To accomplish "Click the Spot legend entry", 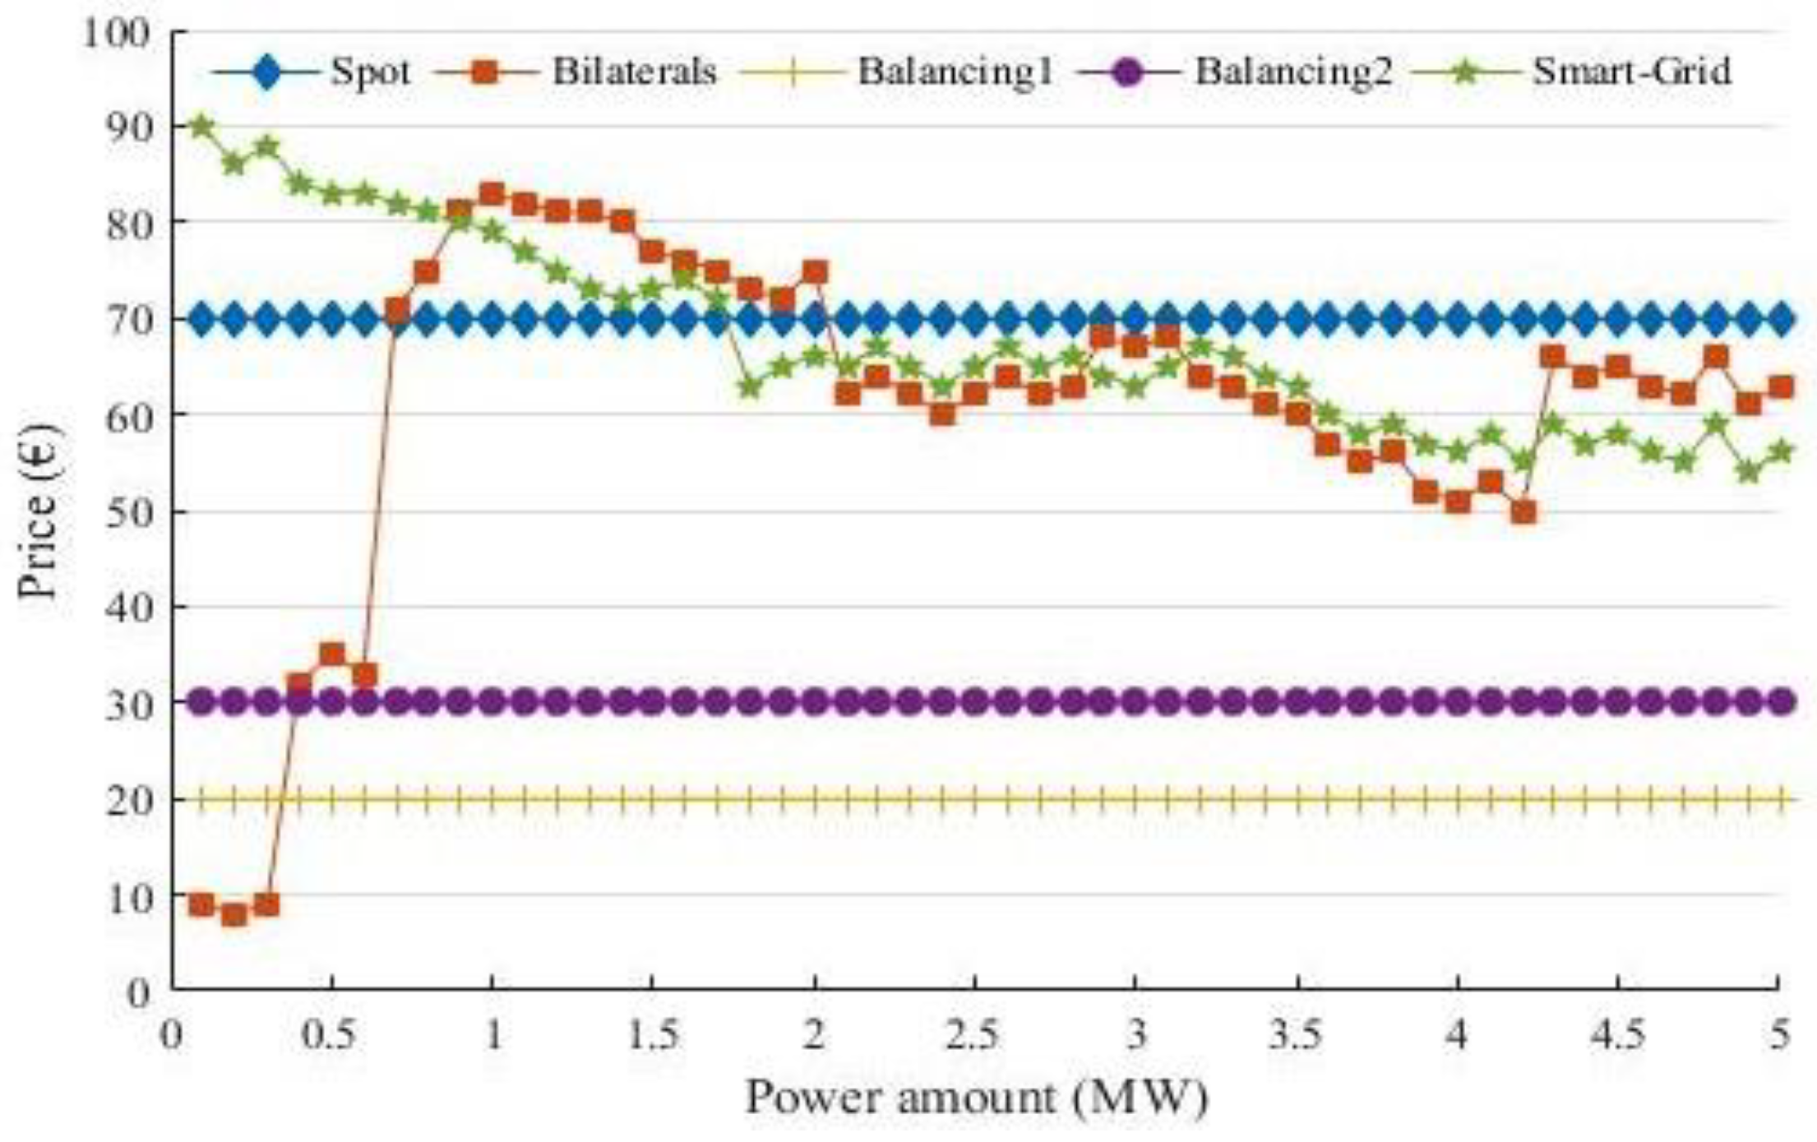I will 370,72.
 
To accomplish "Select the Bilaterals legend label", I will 634,72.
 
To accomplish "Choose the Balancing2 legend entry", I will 1293,72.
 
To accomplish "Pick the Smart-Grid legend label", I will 1632,72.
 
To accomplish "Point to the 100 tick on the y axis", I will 118,33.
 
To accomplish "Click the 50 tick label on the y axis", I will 129,512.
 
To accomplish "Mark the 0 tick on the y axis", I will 140,992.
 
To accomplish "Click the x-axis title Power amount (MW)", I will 976,1098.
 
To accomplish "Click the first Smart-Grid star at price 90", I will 201,127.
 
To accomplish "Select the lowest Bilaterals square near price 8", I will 234,914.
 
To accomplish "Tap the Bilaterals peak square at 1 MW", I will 492,195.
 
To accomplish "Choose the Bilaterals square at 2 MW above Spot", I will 815,272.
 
